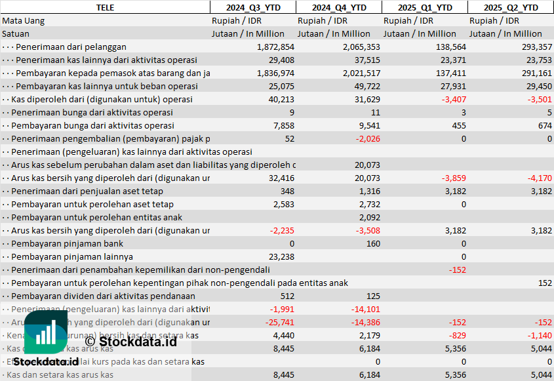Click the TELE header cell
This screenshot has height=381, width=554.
click(x=105, y=7)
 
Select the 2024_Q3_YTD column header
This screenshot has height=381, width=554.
click(x=252, y=7)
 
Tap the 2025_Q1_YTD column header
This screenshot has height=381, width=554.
click(x=425, y=7)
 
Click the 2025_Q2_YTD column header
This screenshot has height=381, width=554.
click(x=511, y=7)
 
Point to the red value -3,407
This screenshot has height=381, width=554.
click(x=454, y=100)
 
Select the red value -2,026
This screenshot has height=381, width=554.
click(x=367, y=139)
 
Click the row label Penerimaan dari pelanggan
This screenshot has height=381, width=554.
click(x=71, y=47)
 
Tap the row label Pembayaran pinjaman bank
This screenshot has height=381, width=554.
click(x=67, y=244)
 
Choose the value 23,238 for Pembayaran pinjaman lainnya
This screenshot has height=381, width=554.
click(x=281, y=257)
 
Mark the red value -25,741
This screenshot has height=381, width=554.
click(x=279, y=323)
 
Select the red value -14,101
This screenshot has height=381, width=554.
click(x=365, y=310)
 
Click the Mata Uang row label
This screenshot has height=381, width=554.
click(x=24, y=21)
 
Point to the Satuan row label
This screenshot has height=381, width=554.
click(x=16, y=33)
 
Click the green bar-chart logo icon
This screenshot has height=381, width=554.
click(x=45, y=333)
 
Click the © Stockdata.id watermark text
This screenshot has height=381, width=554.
click(x=130, y=341)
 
